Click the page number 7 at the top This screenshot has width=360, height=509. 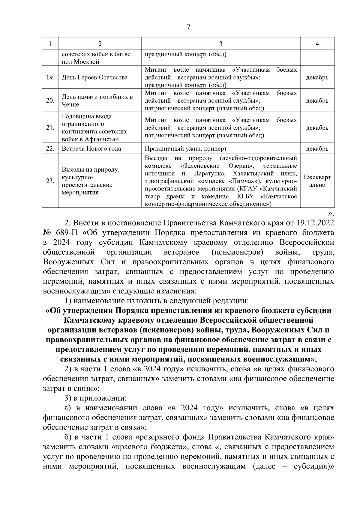click(x=188, y=27)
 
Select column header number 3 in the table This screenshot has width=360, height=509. click(x=220, y=44)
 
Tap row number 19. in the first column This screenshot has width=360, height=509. click(x=50, y=77)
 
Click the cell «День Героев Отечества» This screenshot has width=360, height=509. click(x=94, y=77)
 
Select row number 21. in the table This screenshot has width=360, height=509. click(x=50, y=128)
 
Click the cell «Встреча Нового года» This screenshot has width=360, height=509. click(x=91, y=148)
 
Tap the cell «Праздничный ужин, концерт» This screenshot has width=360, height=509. click(x=186, y=148)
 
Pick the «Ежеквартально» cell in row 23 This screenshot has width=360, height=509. click(x=317, y=181)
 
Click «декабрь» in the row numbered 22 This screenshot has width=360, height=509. click(x=317, y=148)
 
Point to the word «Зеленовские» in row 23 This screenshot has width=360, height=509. click(x=200, y=166)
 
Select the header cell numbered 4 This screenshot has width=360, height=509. click(x=317, y=44)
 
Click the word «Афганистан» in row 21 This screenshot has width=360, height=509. click(x=102, y=139)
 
